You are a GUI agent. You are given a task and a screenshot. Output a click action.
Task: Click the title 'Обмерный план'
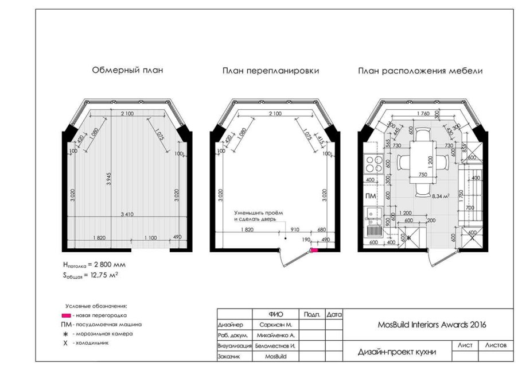(x=127, y=71)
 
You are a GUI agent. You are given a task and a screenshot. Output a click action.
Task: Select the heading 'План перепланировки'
(x=271, y=71)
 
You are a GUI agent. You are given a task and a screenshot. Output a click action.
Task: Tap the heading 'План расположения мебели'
(x=420, y=71)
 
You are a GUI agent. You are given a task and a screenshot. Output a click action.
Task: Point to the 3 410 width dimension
(x=127, y=214)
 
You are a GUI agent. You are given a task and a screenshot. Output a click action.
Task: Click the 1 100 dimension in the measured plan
(x=150, y=237)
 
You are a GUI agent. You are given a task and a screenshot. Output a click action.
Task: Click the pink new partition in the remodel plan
(x=314, y=250)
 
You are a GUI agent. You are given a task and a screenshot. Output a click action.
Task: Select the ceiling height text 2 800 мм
(x=94, y=265)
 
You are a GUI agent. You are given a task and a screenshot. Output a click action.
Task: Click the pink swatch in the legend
(x=66, y=315)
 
